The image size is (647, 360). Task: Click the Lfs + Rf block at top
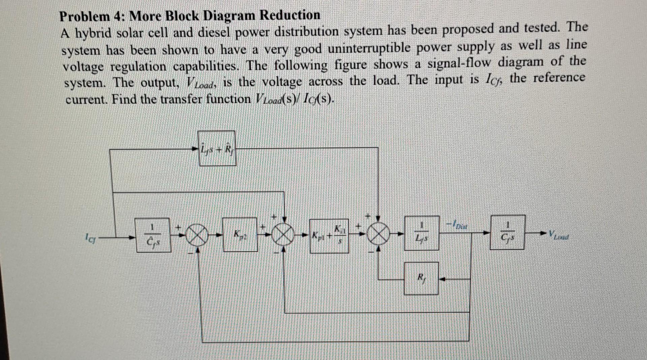(217, 149)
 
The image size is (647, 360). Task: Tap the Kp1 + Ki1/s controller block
(329, 235)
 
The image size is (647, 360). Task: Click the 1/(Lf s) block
(421, 233)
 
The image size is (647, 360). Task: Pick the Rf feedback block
(421, 278)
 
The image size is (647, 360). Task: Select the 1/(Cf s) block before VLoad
(507, 232)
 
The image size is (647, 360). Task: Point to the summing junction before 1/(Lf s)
(378, 233)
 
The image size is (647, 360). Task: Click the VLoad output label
(560, 234)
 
